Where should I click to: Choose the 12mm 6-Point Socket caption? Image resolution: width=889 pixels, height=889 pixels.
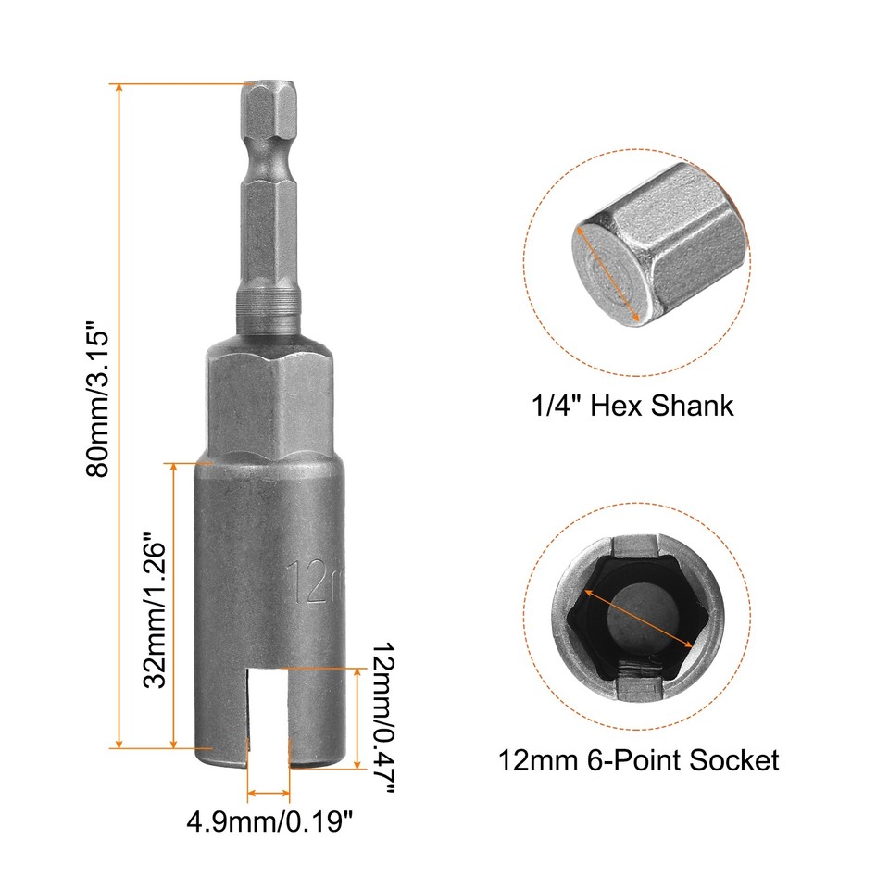639,760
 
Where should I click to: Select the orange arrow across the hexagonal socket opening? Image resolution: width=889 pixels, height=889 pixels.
640,620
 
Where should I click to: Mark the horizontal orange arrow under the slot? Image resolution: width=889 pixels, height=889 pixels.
269,794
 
